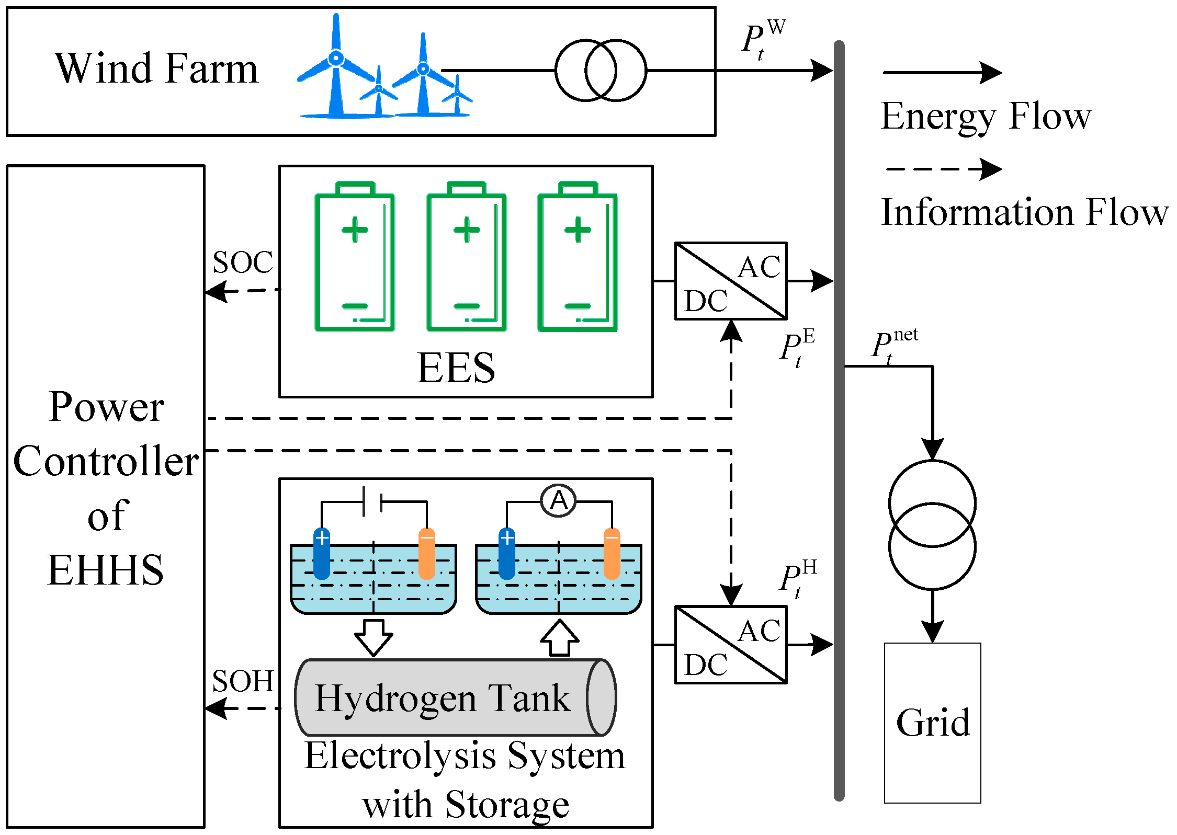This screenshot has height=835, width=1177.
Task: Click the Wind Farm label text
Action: pos(156,68)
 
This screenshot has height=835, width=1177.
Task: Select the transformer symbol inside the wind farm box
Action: pos(601,70)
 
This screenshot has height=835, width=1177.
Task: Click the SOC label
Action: pos(243,262)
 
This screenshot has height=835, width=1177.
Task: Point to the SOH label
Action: pos(243,681)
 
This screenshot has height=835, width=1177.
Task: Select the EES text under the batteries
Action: pos(456,368)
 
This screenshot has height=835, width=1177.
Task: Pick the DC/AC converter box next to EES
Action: pos(730,281)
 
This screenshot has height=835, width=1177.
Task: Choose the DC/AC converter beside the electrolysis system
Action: pos(730,644)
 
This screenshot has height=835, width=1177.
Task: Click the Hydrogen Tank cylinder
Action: pos(455,697)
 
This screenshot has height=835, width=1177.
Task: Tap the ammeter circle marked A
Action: pos(559,501)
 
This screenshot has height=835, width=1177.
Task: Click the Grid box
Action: pos(932,723)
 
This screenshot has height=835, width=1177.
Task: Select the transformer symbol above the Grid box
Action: pos(932,524)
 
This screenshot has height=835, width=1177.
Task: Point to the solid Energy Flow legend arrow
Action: pos(942,73)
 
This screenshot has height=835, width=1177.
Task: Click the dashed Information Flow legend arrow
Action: pos(942,169)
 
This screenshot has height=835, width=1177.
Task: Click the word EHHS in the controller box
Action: pos(105,570)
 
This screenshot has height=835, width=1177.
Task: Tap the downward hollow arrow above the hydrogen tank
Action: pos(374,637)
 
